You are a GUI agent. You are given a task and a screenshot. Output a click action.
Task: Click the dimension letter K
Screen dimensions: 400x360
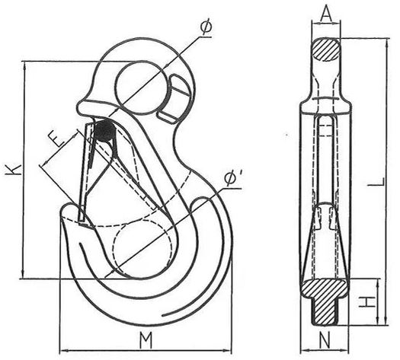(13, 170)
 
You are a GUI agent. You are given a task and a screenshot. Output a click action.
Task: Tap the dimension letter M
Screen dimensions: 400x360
(146, 340)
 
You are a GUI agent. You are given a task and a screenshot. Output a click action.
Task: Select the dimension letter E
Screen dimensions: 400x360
(56, 140)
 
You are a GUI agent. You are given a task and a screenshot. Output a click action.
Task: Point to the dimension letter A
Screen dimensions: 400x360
(326, 14)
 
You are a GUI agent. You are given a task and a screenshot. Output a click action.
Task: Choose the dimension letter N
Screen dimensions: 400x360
(325, 339)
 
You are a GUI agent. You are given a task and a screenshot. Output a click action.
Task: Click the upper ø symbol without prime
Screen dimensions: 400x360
(206, 27)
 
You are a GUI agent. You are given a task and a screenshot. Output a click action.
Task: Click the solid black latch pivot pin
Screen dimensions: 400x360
(104, 131)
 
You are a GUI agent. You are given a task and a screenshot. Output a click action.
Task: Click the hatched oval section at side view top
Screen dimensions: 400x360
(326, 49)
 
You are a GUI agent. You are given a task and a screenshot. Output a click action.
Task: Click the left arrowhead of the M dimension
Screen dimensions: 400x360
(64, 351)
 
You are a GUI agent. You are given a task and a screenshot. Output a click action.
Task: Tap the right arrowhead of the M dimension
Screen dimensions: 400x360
(228, 351)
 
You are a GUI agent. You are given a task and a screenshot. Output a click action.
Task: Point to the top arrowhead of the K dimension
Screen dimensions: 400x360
(24, 65)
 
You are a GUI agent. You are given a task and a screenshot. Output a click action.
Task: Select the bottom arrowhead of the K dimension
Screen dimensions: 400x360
(24, 275)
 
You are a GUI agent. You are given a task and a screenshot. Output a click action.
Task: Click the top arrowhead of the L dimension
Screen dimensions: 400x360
(387, 43)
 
